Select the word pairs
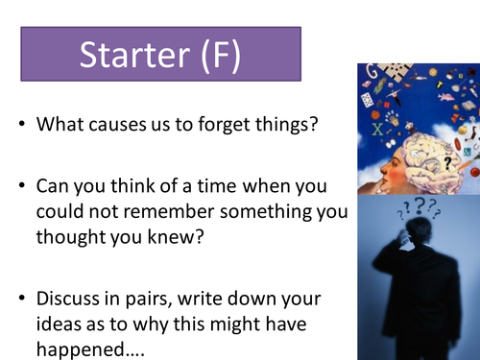pyautogui.click(x=161, y=289)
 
